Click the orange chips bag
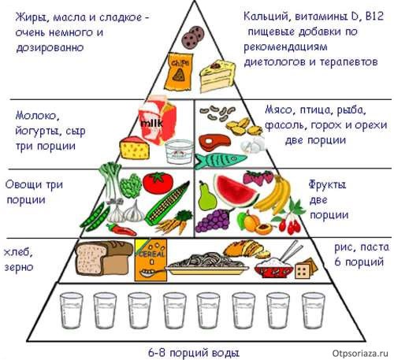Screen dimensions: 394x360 [x=178, y=71]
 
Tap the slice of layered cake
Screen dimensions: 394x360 [x=217, y=76]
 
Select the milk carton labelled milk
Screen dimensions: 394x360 [x=158, y=121]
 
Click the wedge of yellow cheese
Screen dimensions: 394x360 [x=135, y=148]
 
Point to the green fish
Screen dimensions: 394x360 [x=220, y=160]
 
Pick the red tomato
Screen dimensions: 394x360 [x=158, y=183]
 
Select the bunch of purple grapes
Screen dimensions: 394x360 [x=214, y=221]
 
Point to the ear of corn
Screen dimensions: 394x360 [x=167, y=204]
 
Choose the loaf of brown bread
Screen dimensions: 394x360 [x=104, y=258]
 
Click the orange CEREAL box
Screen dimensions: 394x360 [x=151, y=259]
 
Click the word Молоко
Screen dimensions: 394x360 [x=37, y=116]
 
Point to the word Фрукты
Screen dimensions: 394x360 [x=327, y=185]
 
